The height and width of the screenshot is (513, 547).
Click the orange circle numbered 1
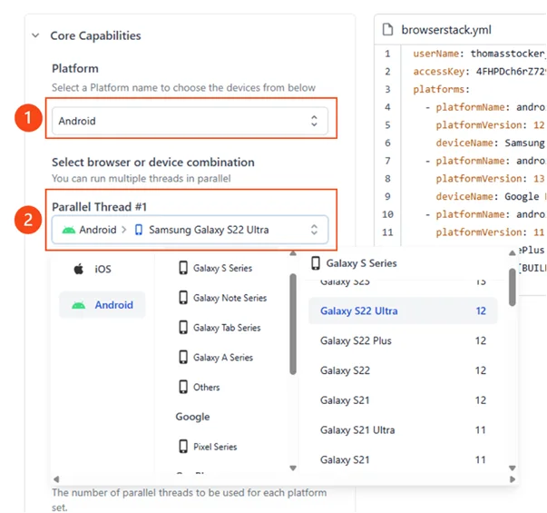coord(30,119)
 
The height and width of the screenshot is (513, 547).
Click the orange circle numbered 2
coord(30,220)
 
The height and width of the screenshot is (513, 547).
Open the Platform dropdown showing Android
coord(190,120)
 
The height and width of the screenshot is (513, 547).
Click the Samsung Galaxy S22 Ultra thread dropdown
coord(190,230)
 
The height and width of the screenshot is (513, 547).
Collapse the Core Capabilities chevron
coord(35,36)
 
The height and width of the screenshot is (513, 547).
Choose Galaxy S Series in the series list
coord(222,268)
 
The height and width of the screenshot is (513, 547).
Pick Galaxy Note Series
coord(230,298)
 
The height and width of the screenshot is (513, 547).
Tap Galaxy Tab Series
coord(226,328)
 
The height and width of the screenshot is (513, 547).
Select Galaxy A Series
coord(222,358)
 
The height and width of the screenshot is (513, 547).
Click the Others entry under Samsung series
coord(206,387)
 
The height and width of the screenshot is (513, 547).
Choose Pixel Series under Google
coord(214,447)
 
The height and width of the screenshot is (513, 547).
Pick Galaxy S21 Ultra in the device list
coord(357,430)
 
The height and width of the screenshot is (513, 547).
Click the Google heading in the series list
coord(192,417)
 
